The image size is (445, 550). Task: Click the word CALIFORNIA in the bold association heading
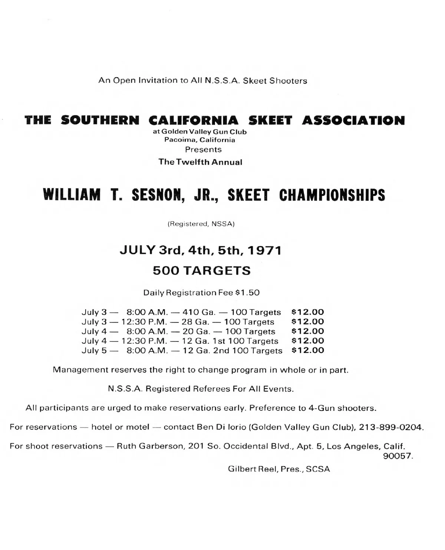193,121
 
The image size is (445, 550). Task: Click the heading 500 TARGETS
202,271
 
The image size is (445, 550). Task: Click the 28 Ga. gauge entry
195,322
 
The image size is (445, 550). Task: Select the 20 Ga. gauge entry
196,331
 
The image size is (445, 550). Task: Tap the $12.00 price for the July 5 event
308,350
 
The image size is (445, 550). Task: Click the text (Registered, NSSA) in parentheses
201,224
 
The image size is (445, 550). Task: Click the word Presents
203,150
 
